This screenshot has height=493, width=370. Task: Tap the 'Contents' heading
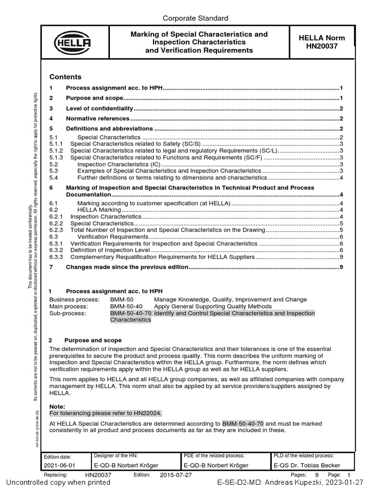[x=66, y=77]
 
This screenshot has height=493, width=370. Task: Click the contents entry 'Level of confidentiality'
[x=100, y=108]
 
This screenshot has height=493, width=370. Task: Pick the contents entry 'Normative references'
[x=98, y=118]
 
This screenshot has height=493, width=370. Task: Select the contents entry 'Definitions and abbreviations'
[x=109, y=129]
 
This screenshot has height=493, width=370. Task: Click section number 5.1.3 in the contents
[x=56, y=157]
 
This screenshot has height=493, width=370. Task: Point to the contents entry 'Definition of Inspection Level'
[x=111, y=250]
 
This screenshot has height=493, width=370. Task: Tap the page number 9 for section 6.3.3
[x=341, y=257]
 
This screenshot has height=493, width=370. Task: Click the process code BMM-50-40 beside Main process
[x=126, y=306]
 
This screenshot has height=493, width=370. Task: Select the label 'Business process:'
[x=75, y=299]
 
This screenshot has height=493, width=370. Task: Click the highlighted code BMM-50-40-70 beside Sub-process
[x=131, y=313]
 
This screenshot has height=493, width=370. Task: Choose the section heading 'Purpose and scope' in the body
[x=93, y=340]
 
